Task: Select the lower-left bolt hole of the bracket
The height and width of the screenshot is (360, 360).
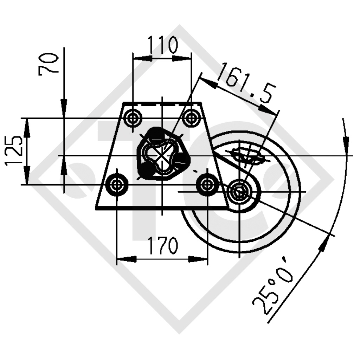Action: pos(117,184)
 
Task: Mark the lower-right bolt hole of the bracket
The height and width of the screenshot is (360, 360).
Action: pos(207,184)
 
